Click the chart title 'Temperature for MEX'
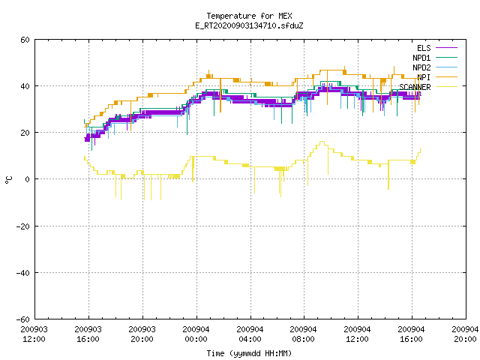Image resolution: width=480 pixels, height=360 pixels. click(249, 16)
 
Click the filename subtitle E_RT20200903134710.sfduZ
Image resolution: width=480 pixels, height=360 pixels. click(249, 25)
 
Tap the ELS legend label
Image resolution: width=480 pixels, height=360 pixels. click(424, 48)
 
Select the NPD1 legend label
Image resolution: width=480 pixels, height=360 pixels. click(421, 58)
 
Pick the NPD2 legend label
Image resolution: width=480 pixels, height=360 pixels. click(421, 67)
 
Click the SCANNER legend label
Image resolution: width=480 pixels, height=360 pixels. click(415, 87)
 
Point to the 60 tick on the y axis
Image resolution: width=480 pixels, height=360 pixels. click(25, 40)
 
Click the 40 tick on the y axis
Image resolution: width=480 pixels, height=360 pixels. click(25, 86)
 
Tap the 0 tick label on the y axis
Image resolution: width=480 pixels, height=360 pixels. click(27, 179)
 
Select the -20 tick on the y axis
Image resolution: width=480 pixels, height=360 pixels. click(23, 226)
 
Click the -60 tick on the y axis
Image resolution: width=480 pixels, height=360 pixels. click(23, 319)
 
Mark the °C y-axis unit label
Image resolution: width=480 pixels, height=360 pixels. click(8, 180)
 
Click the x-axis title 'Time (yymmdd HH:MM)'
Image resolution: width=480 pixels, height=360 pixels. click(249, 353)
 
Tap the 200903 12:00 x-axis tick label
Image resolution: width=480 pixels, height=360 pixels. click(34, 334)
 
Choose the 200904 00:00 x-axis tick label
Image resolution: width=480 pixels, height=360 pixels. click(196, 334)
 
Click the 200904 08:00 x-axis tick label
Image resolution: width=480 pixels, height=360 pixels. click(303, 334)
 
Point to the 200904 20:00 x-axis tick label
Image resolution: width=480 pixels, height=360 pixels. click(465, 334)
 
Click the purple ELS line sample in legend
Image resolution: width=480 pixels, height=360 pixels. click(447, 48)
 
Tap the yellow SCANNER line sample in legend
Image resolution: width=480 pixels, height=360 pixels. click(447, 87)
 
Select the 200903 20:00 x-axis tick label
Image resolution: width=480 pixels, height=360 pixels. click(142, 334)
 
